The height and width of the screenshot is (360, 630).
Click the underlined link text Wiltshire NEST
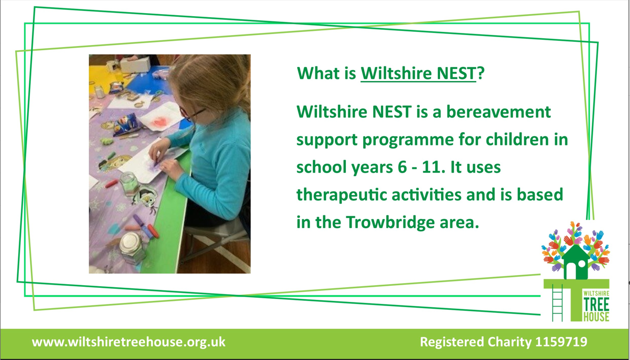point(418,73)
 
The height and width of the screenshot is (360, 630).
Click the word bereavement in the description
point(498,111)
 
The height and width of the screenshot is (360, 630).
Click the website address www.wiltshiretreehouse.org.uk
point(129,342)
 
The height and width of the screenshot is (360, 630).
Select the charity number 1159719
point(561,342)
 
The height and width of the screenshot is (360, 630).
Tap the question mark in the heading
point(481,73)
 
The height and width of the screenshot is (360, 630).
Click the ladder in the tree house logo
point(557,302)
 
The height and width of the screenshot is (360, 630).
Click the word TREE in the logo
point(596,305)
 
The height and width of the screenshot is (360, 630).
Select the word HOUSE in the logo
point(596,317)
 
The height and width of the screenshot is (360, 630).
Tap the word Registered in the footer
point(452,342)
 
